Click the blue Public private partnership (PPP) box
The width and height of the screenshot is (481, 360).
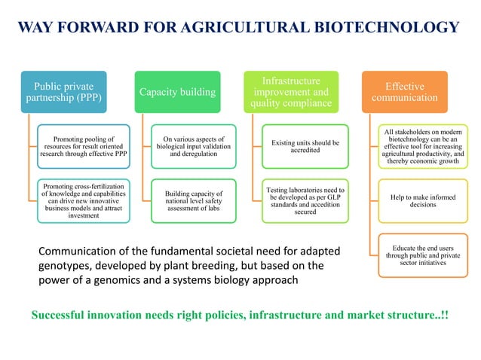click(63, 92)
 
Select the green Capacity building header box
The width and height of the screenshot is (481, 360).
click(177, 92)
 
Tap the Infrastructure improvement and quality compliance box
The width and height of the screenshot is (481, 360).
click(290, 92)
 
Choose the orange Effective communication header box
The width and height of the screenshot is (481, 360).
click(404, 92)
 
